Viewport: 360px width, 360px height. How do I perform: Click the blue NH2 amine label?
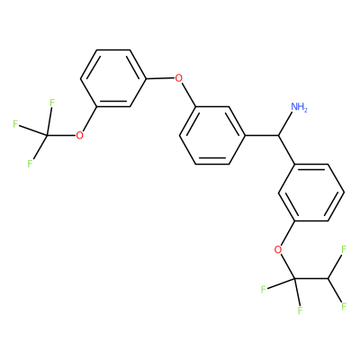pos(299,107)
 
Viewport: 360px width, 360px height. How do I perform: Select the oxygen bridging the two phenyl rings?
pos(179,78)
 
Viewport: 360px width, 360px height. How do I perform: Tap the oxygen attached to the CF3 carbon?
pos(79,136)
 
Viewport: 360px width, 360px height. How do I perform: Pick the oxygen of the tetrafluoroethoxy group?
pos(279,249)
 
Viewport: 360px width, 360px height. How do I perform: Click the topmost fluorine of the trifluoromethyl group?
pos(51,103)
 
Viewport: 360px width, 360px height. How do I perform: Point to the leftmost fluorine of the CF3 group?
pos(15,124)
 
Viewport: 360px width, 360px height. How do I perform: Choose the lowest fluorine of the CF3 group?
pos(30,164)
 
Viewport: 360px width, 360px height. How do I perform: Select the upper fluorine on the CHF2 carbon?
pos(344,249)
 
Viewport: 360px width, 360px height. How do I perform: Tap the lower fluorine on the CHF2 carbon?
pos(344,306)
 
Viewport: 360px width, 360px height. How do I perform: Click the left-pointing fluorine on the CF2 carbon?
pos(264,290)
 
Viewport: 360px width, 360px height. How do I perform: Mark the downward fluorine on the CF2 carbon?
pos(300,310)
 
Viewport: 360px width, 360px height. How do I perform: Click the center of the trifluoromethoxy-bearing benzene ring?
pos(113,78)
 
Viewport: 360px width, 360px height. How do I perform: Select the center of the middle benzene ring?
pos(212,136)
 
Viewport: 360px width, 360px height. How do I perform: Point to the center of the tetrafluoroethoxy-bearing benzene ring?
pos(311,193)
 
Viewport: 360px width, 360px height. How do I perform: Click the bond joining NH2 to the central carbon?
pos(285,124)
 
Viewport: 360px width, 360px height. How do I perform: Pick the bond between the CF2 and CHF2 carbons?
pos(311,278)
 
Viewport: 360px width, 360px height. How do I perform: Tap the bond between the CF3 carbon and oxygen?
pos(61,136)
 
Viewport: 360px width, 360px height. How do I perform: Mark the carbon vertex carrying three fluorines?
pos(47,136)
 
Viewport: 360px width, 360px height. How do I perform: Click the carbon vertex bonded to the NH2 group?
pos(278,136)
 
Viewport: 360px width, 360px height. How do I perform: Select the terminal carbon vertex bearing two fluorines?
pos(328,278)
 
